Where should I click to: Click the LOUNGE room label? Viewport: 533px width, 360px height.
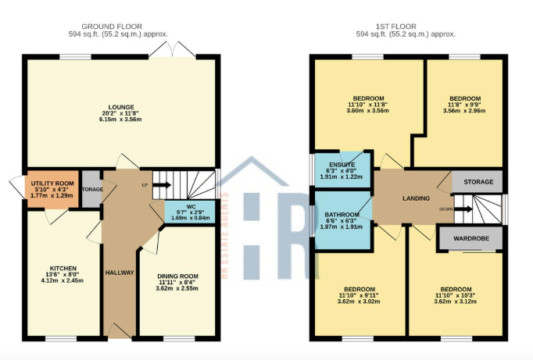point(121,107)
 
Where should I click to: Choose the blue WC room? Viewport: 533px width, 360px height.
point(186,212)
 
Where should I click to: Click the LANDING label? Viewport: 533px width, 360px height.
point(416,198)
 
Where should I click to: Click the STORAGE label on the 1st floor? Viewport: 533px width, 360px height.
point(478,182)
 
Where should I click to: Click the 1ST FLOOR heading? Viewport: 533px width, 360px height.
point(406,25)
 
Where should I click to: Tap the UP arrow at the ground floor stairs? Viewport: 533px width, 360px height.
point(160,185)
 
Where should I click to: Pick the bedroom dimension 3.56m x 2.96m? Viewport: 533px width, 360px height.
point(464,111)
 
